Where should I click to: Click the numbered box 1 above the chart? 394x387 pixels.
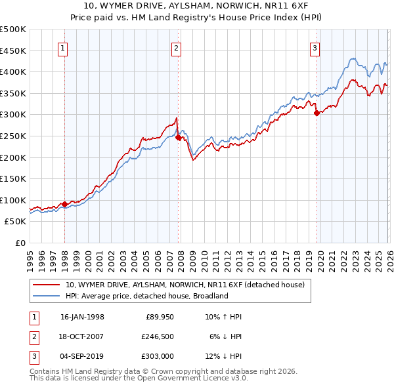62,47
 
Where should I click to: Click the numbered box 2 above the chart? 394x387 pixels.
177,47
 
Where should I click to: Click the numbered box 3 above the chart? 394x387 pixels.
315,47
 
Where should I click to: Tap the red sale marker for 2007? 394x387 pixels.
178,138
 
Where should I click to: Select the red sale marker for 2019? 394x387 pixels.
317,113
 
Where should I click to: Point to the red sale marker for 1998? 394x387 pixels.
64,205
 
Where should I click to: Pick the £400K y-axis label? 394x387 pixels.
13,71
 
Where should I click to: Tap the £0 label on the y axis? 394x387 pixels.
20,243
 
